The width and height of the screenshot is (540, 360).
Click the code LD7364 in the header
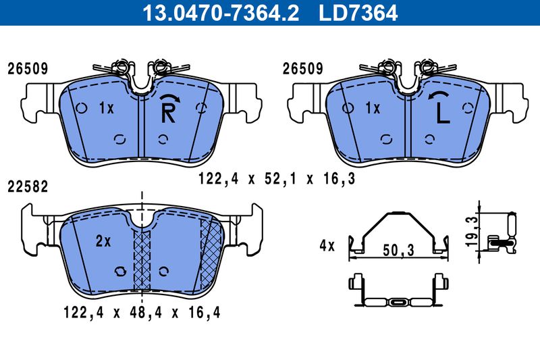pos(357,12)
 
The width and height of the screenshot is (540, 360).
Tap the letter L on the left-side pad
pos(442,113)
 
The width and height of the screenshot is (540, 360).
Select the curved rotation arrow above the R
pos(170,100)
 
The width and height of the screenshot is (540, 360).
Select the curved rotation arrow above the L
pos(439,97)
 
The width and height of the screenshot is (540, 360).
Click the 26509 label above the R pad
pos(27,69)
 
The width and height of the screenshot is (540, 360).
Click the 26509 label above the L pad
pos(302,69)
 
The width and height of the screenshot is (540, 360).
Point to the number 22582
pos(27,186)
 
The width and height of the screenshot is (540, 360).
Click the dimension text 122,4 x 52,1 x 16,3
pos(277,178)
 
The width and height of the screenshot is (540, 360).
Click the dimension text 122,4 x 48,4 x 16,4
pos(142,312)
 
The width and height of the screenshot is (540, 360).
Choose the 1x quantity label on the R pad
pos(105,107)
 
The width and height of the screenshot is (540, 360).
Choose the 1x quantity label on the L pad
pos(373,107)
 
